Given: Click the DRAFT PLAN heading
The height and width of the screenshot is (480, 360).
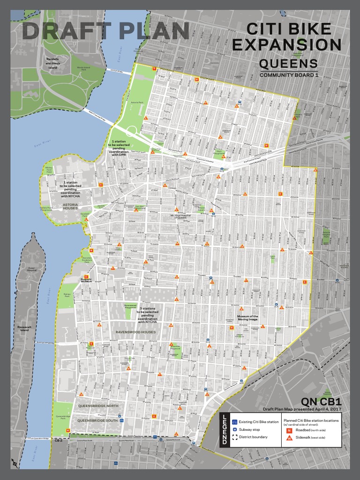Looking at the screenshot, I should tap(105, 31).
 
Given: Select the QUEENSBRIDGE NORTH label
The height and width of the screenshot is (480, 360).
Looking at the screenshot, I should tap(98, 405).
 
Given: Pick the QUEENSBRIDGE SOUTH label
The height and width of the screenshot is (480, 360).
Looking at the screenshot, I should tap(98, 420).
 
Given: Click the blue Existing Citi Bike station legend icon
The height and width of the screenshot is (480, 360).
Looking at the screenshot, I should tap(235, 422).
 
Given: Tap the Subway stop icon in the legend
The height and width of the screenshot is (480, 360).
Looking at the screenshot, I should tap(235, 429).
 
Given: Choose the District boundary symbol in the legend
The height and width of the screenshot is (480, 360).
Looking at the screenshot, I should tap(235, 437).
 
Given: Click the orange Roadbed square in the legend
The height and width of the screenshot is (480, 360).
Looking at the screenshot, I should tap(289, 430).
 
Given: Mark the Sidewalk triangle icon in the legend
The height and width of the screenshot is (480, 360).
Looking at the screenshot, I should tap(289, 437).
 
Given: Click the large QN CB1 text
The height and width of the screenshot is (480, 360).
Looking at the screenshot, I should tap(321, 402).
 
